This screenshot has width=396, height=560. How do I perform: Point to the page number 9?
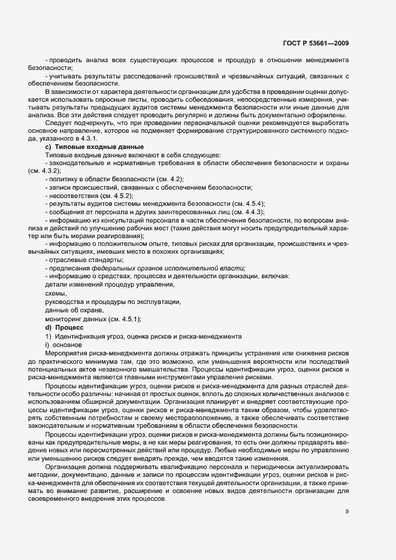coord(347,511)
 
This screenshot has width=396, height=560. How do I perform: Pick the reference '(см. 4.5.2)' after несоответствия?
coord(117,196)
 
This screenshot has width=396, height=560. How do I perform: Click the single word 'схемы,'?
coord(56,294)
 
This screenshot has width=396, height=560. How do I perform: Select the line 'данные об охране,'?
coord(75,311)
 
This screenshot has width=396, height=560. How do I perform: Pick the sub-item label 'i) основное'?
coord(63,345)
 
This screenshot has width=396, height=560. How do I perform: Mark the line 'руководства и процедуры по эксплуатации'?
coord(113,303)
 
